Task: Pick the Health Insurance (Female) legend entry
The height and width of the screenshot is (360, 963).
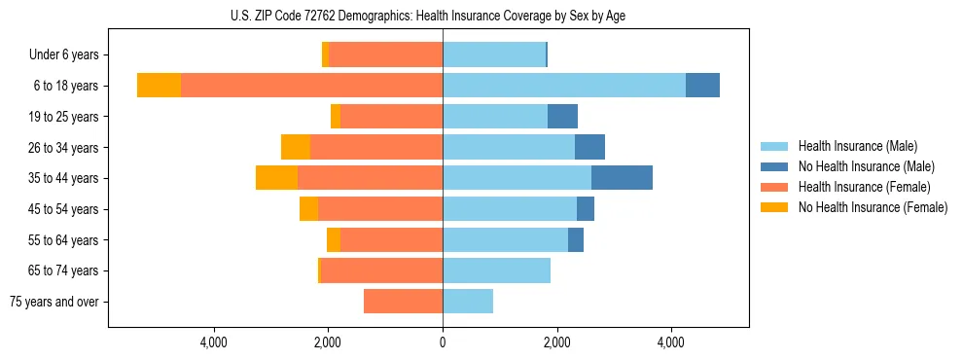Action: (x=864, y=187)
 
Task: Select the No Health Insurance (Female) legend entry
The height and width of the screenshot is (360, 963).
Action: (x=872, y=207)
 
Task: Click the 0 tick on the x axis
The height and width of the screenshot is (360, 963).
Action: (x=443, y=342)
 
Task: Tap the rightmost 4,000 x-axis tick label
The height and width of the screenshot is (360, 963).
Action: (x=671, y=342)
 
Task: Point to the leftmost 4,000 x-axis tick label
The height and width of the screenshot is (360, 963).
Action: (x=213, y=342)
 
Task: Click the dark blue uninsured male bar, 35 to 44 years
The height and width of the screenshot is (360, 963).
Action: (x=622, y=178)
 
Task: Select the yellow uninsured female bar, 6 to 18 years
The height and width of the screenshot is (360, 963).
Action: (x=159, y=86)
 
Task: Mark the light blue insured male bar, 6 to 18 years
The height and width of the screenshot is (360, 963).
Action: (x=564, y=86)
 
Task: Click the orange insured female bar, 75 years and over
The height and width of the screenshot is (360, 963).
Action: (x=403, y=302)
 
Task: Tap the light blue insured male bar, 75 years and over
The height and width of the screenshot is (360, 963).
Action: (x=468, y=302)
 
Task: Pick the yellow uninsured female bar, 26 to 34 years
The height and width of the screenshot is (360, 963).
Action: (x=296, y=147)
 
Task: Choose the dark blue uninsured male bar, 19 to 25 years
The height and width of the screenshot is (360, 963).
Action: (x=562, y=117)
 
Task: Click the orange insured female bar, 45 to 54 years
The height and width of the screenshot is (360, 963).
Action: (x=380, y=209)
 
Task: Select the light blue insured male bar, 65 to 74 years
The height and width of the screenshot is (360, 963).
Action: (x=496, y=270)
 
